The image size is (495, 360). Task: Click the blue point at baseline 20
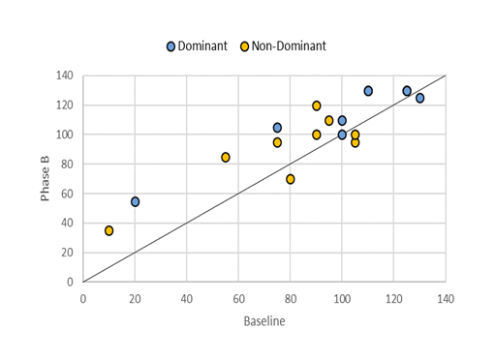[136, 201]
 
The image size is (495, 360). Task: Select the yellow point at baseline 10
[109, 230]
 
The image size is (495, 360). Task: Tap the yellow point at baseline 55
[226, 157]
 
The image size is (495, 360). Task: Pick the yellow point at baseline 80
[291, 179]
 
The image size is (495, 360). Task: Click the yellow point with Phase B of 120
[317, 105]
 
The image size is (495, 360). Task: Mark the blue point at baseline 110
[368, 91]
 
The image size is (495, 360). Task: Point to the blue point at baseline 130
[420, 98]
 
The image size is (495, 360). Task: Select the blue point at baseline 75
[277, 128]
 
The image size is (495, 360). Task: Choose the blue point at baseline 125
[407, 91]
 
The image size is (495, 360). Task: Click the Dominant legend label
[202, 45]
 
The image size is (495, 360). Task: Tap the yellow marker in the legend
[244, 45]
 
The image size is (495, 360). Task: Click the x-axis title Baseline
[263, 320]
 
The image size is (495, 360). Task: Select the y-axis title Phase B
[46, 179]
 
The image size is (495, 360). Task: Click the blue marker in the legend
[171, 45]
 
